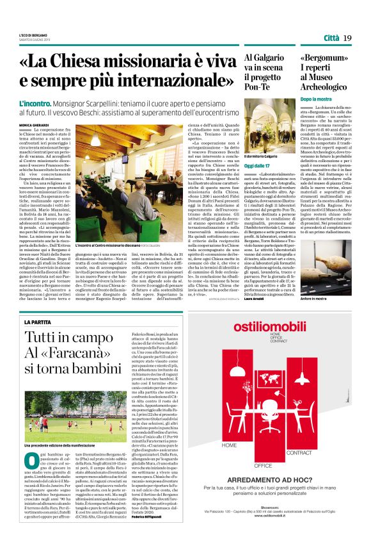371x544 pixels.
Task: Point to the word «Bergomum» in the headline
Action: point(324,57)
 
